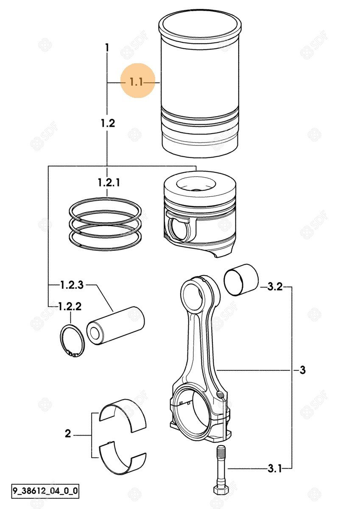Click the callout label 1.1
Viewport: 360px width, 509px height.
coord(136,82)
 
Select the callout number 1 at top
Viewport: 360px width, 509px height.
coord(107,48)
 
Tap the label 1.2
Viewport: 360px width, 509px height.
coord(108,123)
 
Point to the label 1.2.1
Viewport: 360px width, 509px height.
coord(109,182)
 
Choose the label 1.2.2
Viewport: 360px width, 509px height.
coord(70,307)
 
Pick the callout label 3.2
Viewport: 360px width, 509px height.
coord(275,287)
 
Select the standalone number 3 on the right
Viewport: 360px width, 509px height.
coord(302,370)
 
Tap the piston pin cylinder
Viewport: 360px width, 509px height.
coord(116,326)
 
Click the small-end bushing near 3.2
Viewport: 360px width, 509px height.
coord(241,280)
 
